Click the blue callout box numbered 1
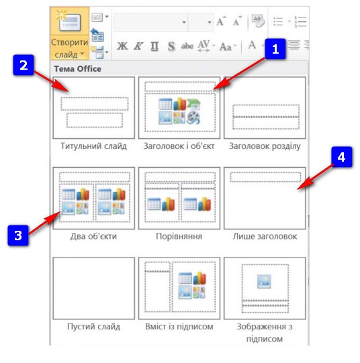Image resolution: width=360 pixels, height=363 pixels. point(275,49)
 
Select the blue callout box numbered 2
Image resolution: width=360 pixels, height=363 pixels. point(24,65)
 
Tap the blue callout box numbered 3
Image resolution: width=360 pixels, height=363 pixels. point(18,236)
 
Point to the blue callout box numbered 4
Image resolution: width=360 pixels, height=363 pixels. point(341,157)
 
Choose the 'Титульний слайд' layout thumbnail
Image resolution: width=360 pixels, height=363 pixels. point(94,108)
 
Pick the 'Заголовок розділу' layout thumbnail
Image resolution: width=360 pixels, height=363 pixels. point(265,108)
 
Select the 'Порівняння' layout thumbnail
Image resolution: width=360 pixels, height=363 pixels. point(179,198)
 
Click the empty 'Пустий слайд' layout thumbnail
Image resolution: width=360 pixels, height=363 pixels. point(94,289)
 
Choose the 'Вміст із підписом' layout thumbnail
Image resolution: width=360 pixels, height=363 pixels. point(179,289)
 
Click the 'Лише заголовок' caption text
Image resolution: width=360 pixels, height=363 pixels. point(265,236)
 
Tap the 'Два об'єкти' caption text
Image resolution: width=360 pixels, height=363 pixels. point(93,236)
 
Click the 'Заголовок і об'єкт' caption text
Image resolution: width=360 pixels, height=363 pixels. point(179,146)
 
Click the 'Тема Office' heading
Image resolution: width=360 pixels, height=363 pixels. point(78,68)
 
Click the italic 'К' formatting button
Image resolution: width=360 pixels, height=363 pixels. point(138,46)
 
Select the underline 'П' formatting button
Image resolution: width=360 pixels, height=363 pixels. point(154,46)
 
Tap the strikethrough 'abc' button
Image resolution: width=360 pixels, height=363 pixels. point(187,46)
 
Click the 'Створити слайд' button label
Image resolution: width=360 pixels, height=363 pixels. point(69,48)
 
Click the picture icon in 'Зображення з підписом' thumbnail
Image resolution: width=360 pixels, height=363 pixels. point(264,281)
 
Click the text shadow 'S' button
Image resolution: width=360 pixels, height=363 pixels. point(171,46)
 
